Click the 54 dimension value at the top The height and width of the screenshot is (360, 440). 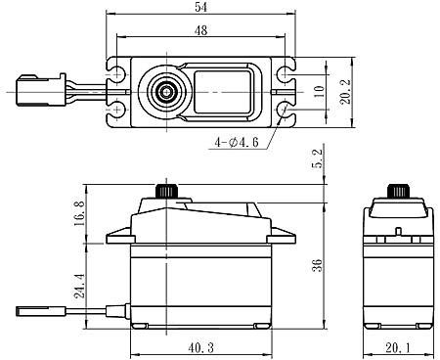pyautogui.click(x=201, y=7)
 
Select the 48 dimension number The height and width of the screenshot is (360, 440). pyautogui.click(x=200, y=30)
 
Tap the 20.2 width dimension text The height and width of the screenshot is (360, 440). pyautogui.click(x=345, y=92)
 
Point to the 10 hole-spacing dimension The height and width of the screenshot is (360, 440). pyautogui.click(x=320, y=92)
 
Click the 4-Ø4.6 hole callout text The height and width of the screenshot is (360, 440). pyautogui.click(x=237, y=142)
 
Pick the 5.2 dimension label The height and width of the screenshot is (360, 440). pyautogui.click(x=317, y=158)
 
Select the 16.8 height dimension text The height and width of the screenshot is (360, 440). pyautogui.click(x=79, y=213)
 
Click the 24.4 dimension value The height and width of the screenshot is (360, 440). pyautogui.click(x=79, y=286)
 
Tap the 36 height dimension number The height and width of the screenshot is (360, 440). pyautogui.click(x=317, y=265)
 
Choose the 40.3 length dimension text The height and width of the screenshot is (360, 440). pyautogui.click(x=201, y=347)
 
